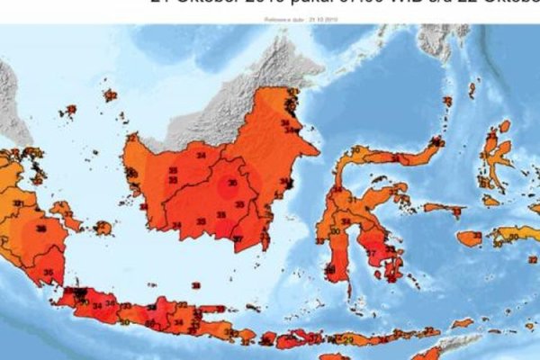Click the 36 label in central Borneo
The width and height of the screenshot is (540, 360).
tap(231, 184)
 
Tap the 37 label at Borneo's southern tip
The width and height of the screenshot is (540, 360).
tap(238, 238)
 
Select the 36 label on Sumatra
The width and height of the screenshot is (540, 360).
tap(40, 229)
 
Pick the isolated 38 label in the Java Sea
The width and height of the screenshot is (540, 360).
tap(195, 285)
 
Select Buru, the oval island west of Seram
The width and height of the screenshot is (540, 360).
tap(470, 238)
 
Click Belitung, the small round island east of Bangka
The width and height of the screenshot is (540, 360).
tap(103, 228)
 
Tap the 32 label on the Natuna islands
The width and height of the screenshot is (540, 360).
tap(111, 95)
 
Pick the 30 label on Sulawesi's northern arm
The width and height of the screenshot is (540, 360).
tap(355, 150)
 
